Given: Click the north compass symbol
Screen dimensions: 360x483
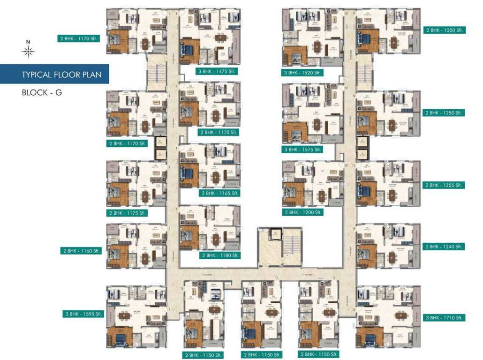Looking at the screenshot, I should pos(28,50).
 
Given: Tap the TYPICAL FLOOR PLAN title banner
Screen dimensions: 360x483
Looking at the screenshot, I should pos(54,74).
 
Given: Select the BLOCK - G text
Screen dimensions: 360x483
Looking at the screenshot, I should pos(42,92).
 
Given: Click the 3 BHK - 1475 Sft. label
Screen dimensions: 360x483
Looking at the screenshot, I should pos(217,71).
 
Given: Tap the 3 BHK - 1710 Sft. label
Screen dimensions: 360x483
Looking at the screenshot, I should pos(444,317).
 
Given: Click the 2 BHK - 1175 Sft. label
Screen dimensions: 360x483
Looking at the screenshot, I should pos(128,213).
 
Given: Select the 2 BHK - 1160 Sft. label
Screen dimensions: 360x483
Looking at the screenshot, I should pos(80,251).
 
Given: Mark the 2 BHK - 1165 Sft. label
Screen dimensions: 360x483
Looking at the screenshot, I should pos(220,193).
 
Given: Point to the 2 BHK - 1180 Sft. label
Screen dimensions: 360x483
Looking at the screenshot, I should pos(220,255).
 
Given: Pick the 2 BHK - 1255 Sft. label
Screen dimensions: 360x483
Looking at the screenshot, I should pos(444,185).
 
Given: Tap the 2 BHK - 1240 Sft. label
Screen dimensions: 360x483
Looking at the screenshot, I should pos(444,247).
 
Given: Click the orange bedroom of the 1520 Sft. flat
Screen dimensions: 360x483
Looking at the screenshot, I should pos(294,56).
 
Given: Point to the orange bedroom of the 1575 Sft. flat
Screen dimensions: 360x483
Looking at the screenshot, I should pos(295,132).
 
